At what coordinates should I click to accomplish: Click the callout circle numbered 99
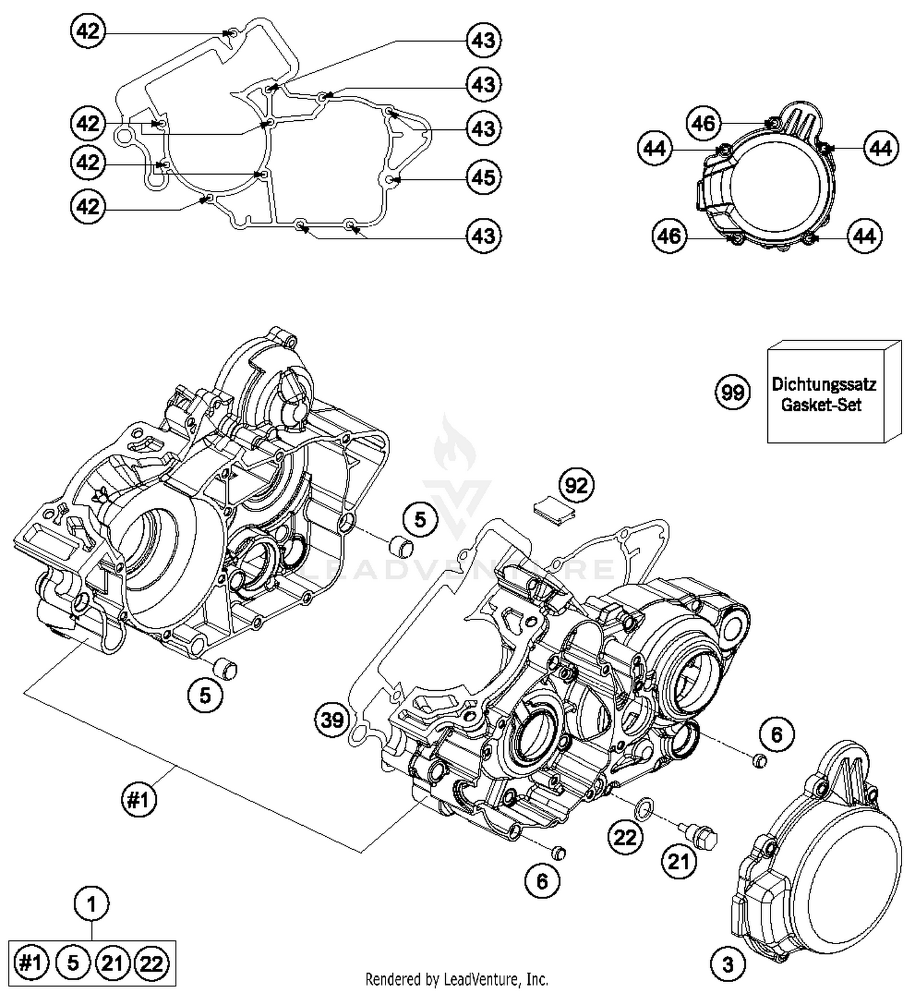pos(732,391)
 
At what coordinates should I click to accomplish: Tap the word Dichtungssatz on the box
pos(823,385)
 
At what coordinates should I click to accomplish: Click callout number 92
pos(576,485)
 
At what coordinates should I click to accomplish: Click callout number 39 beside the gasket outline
pos(332,720)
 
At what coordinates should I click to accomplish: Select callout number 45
pos(484,178)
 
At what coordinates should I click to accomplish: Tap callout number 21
pos(678,861)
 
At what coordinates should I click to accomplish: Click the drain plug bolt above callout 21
pos(698,833)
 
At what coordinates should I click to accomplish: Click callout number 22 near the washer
pos(625,837)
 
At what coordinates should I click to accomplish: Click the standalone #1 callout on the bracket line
pos(139,799)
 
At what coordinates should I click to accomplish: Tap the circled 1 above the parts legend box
pos(92,903)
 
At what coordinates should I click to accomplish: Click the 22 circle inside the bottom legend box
pos(151,963)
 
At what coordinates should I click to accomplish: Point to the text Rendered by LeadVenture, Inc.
pos(456,980)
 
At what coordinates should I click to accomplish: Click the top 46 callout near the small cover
pos(703,123)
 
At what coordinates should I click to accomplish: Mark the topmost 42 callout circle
pos(88,31)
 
